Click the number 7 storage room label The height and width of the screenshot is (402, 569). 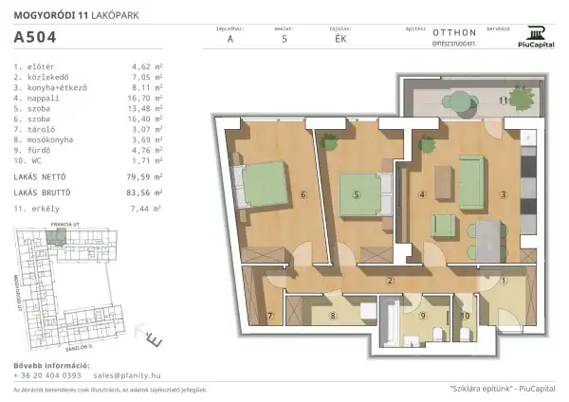tap(269, 315)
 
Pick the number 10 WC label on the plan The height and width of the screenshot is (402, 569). tap(464, 315)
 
